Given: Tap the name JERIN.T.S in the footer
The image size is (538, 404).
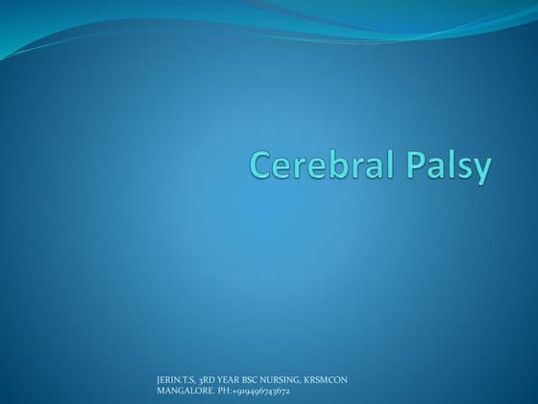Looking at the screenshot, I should (x=175, y=382).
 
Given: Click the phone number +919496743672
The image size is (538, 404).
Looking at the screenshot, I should (x=258, y=391).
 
